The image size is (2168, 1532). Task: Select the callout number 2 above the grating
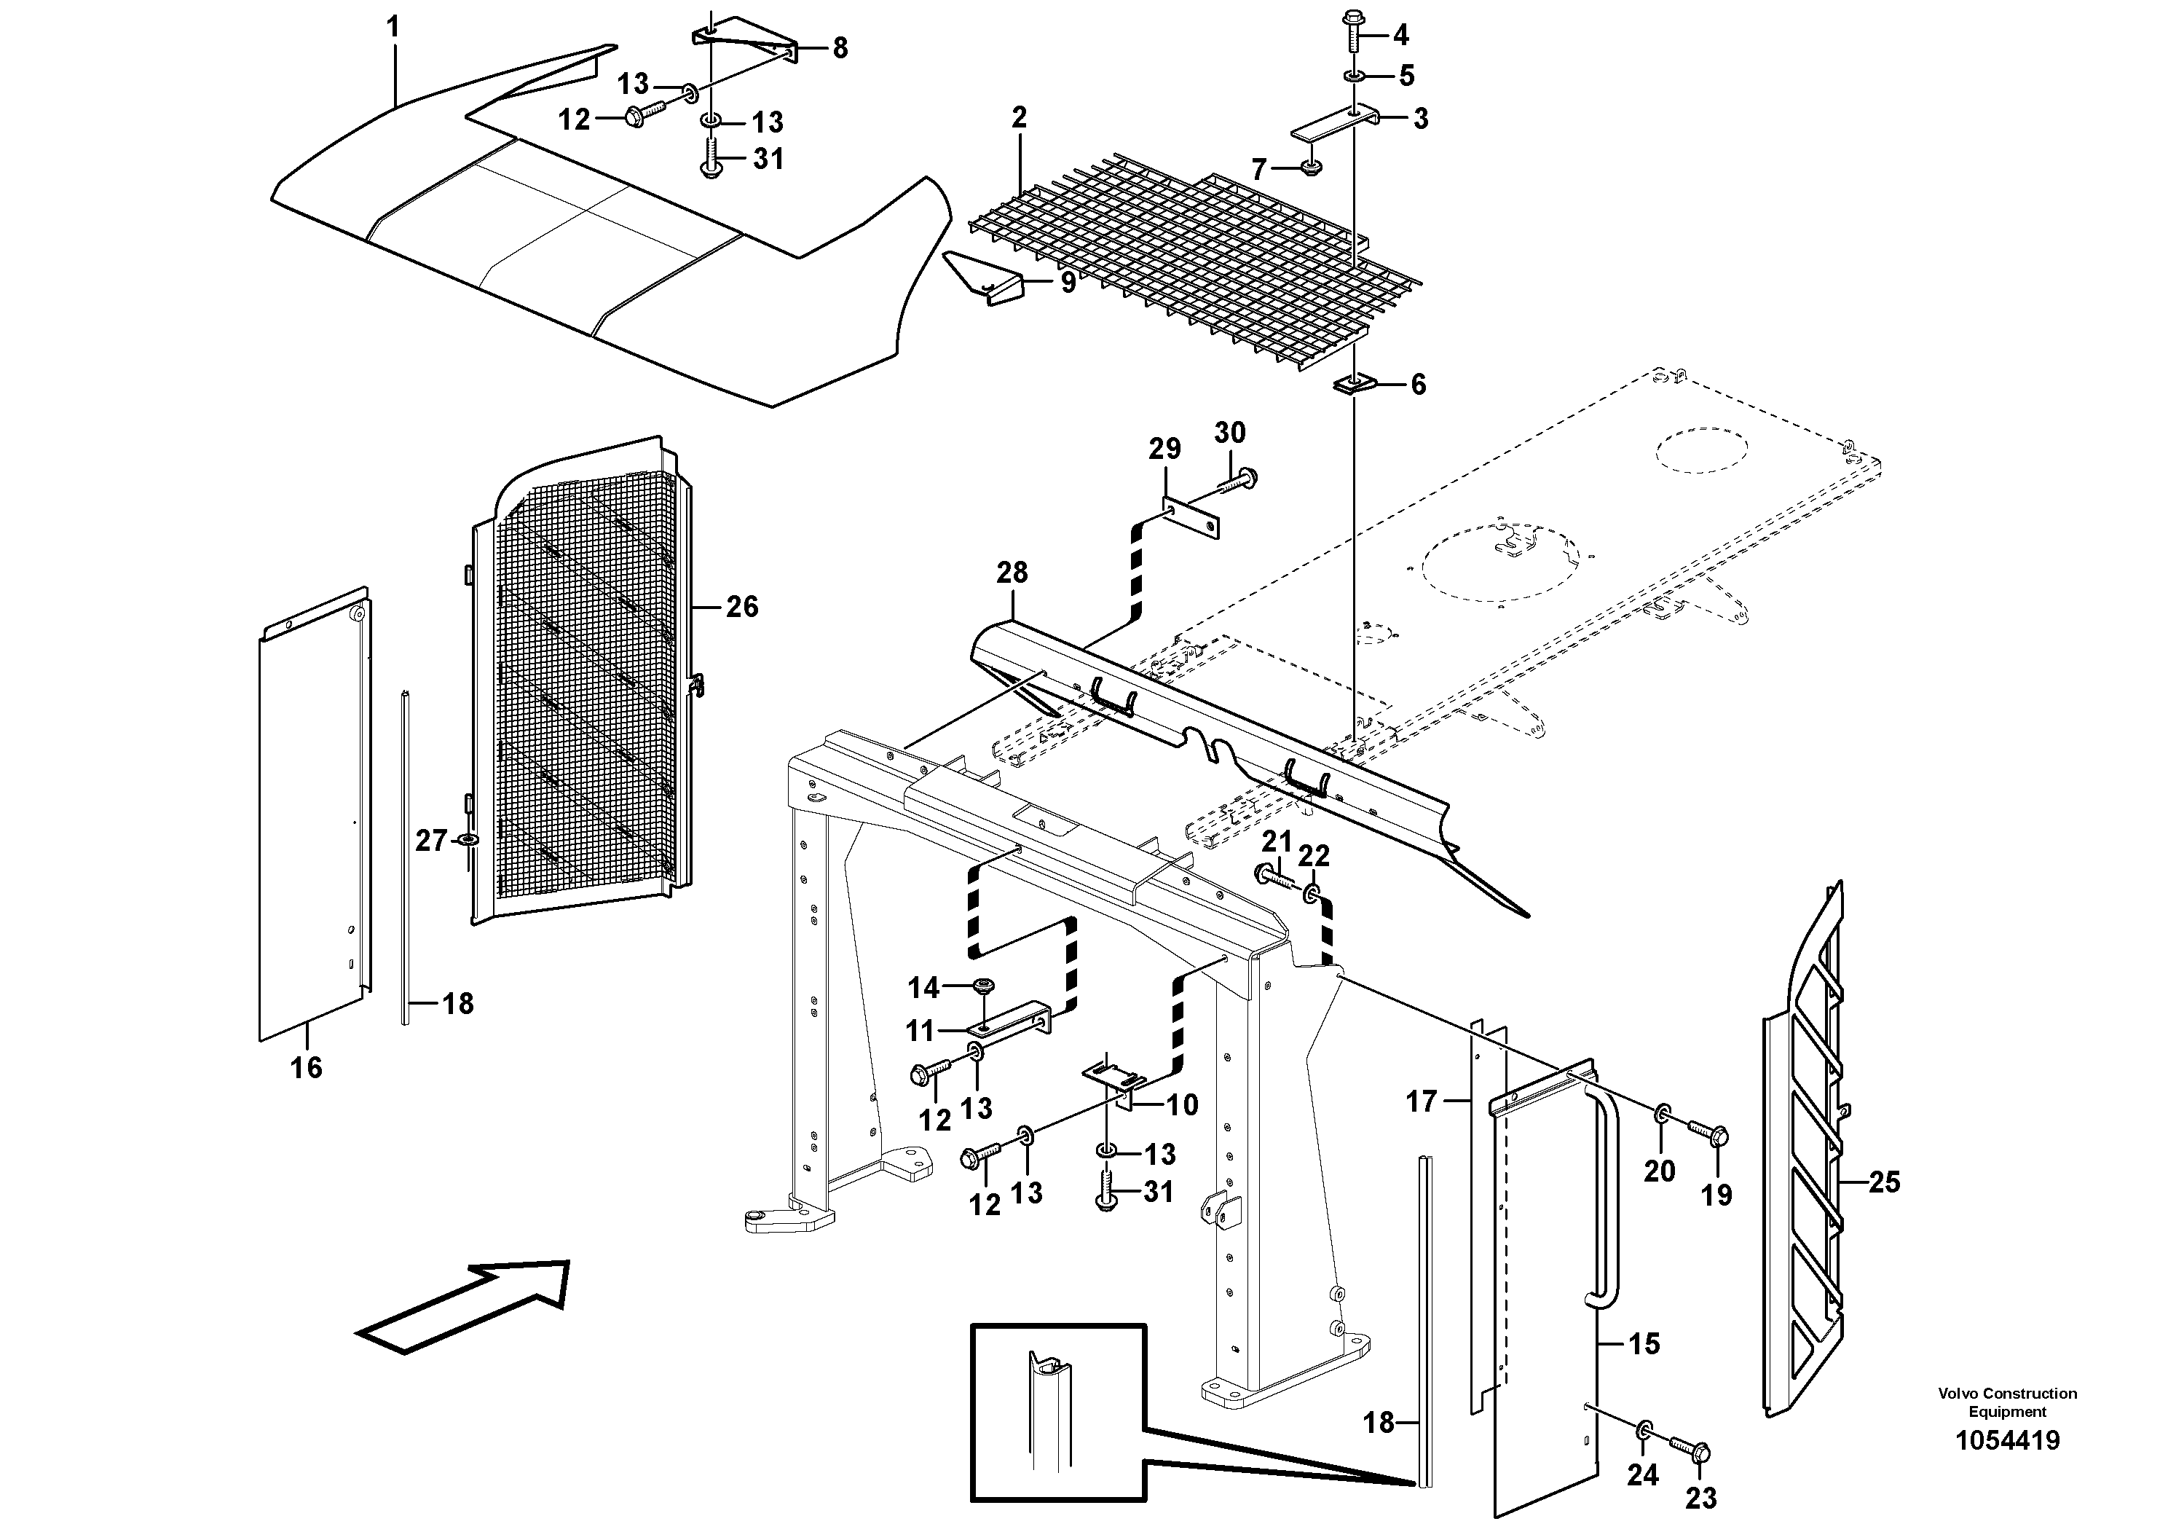tap(1018, 118)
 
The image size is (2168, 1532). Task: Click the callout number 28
tap(1012, 573)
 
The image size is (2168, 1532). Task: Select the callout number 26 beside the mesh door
tap(741, 606)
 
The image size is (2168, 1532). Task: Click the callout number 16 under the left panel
tap(306, 1067)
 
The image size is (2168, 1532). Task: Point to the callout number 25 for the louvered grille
tap(1884, 1182)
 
